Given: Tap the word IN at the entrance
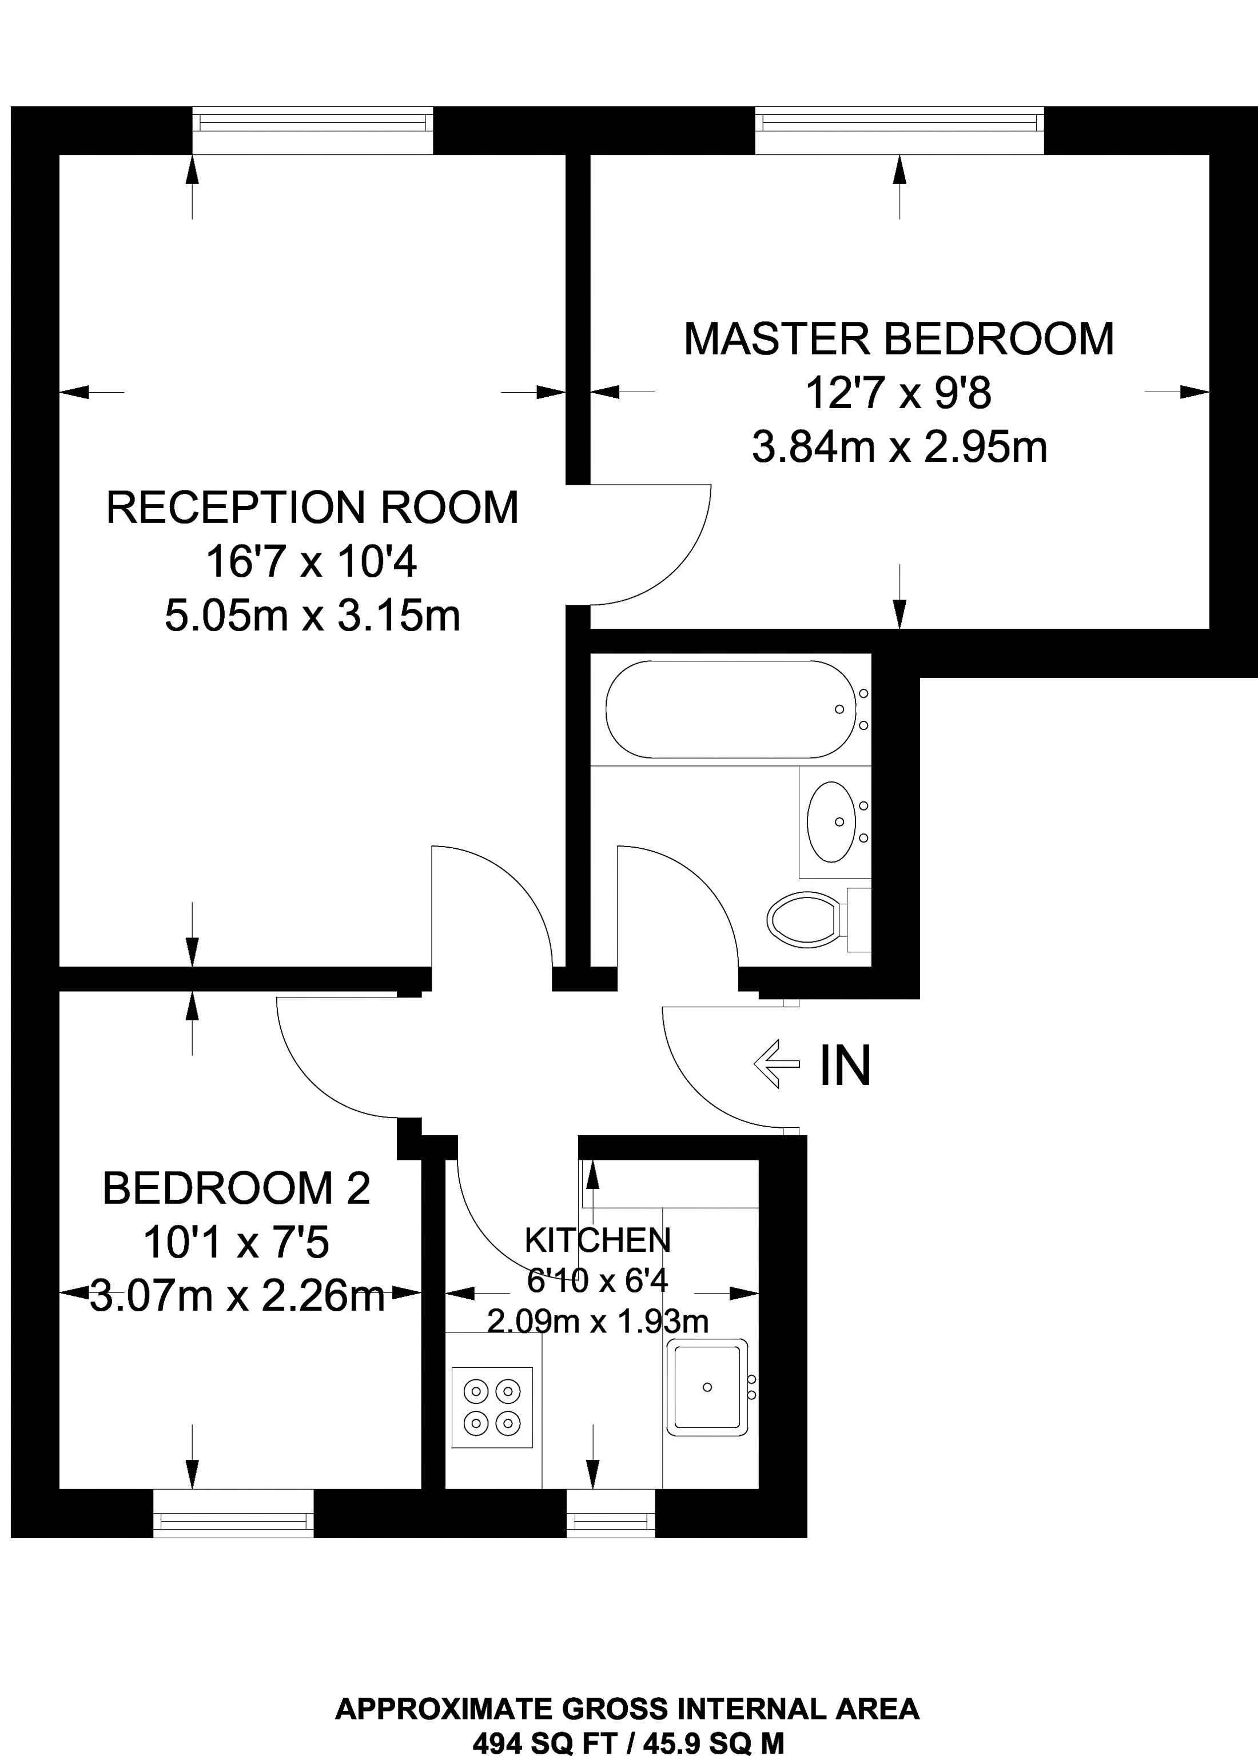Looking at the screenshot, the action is [x=845, y=1065].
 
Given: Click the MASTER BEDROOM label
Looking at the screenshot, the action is [x=898, y=339].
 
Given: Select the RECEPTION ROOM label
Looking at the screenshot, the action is [x=312, y=508].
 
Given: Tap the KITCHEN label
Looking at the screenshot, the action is [x=597, y=1240].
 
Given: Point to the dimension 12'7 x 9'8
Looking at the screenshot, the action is [x=898, y=393].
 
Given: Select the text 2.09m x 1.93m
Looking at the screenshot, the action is [x=597, y=1321].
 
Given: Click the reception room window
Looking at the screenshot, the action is [x=312, y=130].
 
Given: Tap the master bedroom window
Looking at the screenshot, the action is [x=899, y=130].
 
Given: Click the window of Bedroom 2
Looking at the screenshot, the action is [x=233, y=1513].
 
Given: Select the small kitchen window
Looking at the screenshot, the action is [x=610, y=1513].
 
